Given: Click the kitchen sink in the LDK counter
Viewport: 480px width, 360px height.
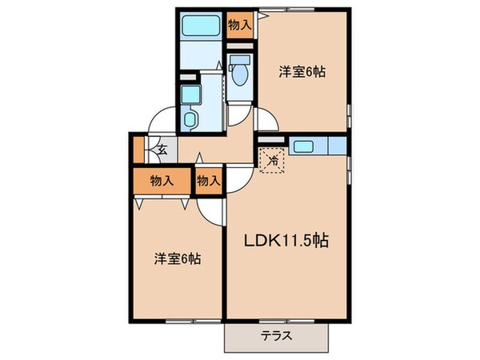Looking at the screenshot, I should click(x=304, y=146).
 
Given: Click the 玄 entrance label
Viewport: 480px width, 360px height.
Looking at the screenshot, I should click(x=161, y=148).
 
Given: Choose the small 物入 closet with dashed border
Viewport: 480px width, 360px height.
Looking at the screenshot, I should click(x=208, y=182).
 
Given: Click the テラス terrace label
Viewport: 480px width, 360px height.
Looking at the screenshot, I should click(x=276, y=336).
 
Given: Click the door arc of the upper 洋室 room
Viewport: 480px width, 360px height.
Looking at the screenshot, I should click(x=268, y=122).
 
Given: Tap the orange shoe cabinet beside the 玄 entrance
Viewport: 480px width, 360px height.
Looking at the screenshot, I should click(x=138, y=150).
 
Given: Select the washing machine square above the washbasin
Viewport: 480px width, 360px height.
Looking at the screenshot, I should click(x=190, y=95).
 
